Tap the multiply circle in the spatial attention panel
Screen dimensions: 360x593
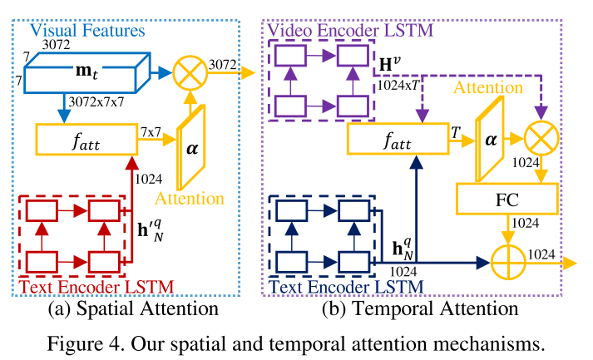(x=192, y=73)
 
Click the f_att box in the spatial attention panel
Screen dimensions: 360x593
(x=86, y=141)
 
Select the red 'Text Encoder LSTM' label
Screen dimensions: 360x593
(x=96, y=287)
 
